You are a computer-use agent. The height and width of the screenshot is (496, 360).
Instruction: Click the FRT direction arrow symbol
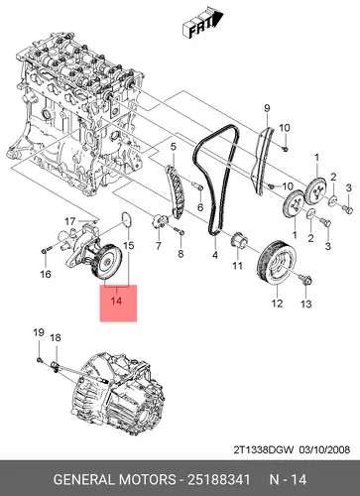tap(201, 23)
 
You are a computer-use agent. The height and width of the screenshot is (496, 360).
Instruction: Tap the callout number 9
tap(267, 108)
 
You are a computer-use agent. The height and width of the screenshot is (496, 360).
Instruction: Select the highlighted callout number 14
tap(116, 301)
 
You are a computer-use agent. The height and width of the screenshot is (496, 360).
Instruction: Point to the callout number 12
tap(277, 303)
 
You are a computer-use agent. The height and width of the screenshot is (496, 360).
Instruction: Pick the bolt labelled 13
tap(305, 281)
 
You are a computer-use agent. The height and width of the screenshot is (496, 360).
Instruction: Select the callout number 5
tap(174, 147)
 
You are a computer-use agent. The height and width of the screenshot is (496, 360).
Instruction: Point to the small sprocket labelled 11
tap(238, 240)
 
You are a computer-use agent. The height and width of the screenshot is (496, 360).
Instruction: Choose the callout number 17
tap(69, 221)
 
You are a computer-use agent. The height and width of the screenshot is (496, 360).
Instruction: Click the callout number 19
tap(39, 332)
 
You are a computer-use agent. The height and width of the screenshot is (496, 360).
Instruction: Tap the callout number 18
tap(56, 337)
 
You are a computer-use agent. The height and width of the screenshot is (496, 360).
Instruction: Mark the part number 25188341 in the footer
tap(219, 479)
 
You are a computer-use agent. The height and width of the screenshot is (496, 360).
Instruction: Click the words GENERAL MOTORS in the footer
tap(114, 479)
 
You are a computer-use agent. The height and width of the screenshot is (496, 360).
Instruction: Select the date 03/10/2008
tap(324, 449)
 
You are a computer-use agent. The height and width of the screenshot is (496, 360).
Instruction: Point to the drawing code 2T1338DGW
tap(264, 449)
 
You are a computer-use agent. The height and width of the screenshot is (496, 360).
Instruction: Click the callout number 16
tap(46, 274)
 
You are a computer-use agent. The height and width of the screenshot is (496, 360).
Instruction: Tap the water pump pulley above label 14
tap(107, 263)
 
